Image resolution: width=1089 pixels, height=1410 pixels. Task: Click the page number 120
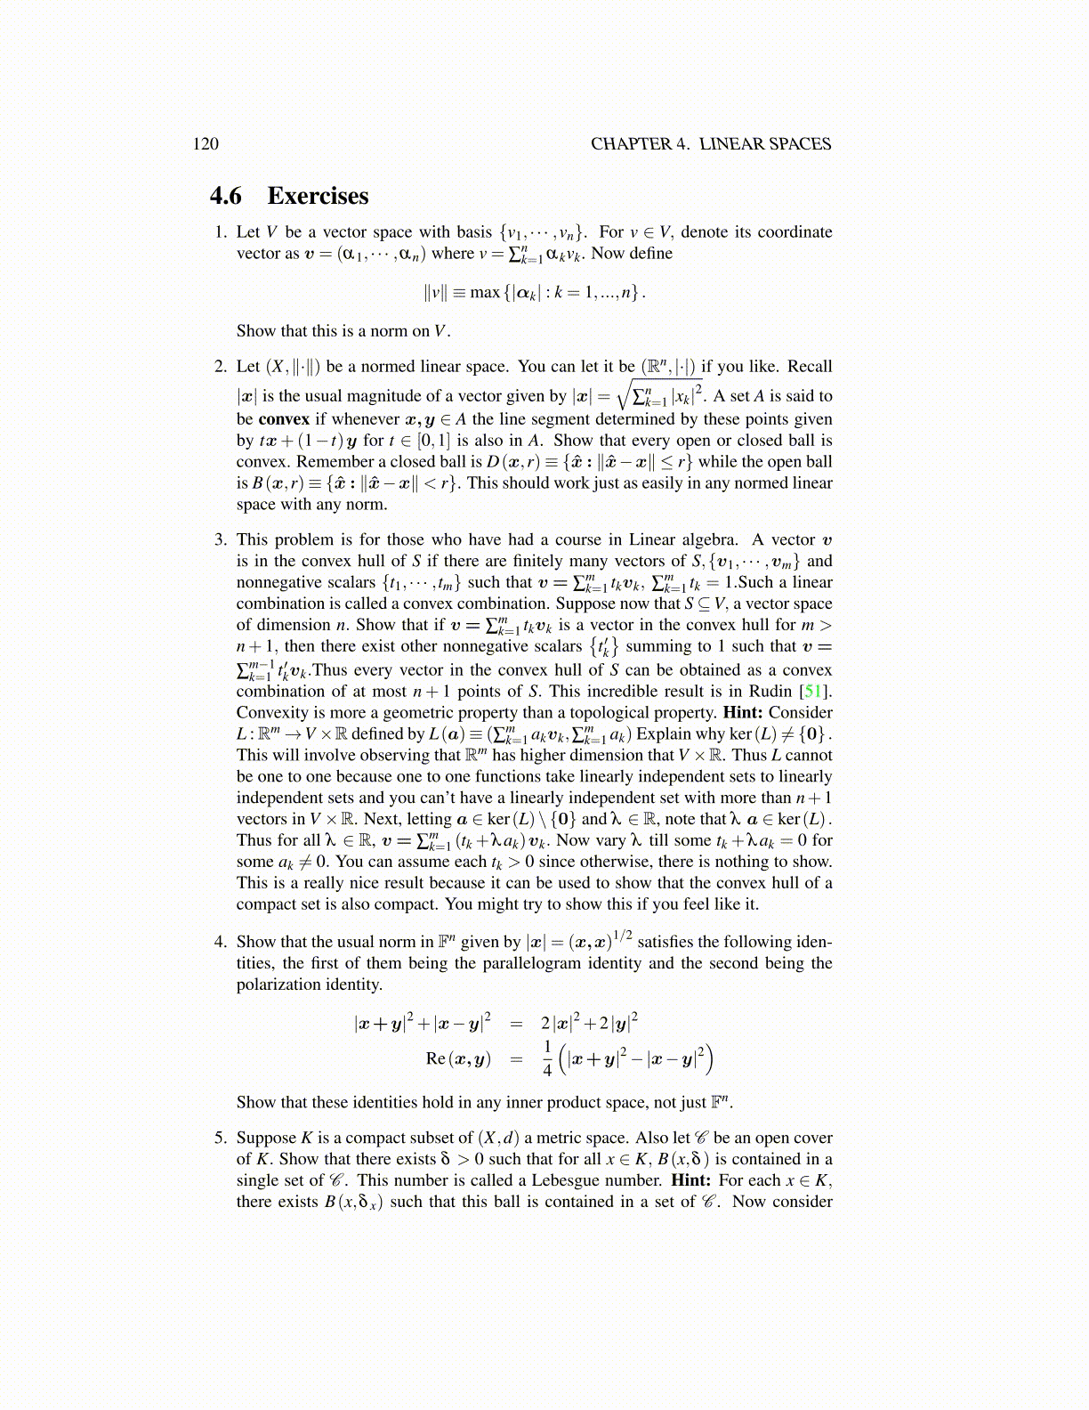206,144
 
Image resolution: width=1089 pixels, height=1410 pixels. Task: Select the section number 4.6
226,196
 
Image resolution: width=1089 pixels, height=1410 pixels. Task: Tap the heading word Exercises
318,196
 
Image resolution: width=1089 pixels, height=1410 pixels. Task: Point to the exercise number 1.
220,232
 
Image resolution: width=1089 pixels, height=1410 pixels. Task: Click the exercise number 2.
220,367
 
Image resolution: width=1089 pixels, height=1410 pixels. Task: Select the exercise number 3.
220,540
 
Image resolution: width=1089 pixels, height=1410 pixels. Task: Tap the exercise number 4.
220,942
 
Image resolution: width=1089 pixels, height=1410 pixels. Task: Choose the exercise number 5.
220,1139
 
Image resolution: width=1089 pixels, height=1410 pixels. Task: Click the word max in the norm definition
485,292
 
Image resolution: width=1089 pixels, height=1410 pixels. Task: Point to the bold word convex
284,419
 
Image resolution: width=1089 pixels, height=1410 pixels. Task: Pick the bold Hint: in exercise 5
691,1181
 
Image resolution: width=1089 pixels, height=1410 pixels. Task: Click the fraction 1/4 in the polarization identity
547,1057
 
